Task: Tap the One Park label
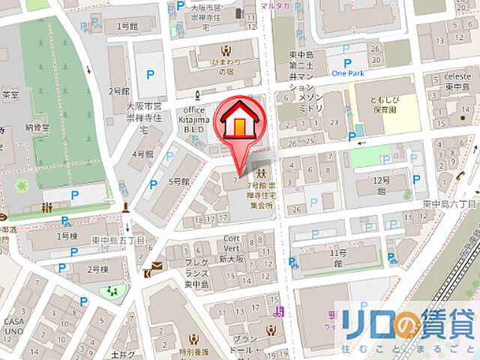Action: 346,73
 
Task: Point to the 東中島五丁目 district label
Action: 118,240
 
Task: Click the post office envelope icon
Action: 157,268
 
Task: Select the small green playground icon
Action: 113,290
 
